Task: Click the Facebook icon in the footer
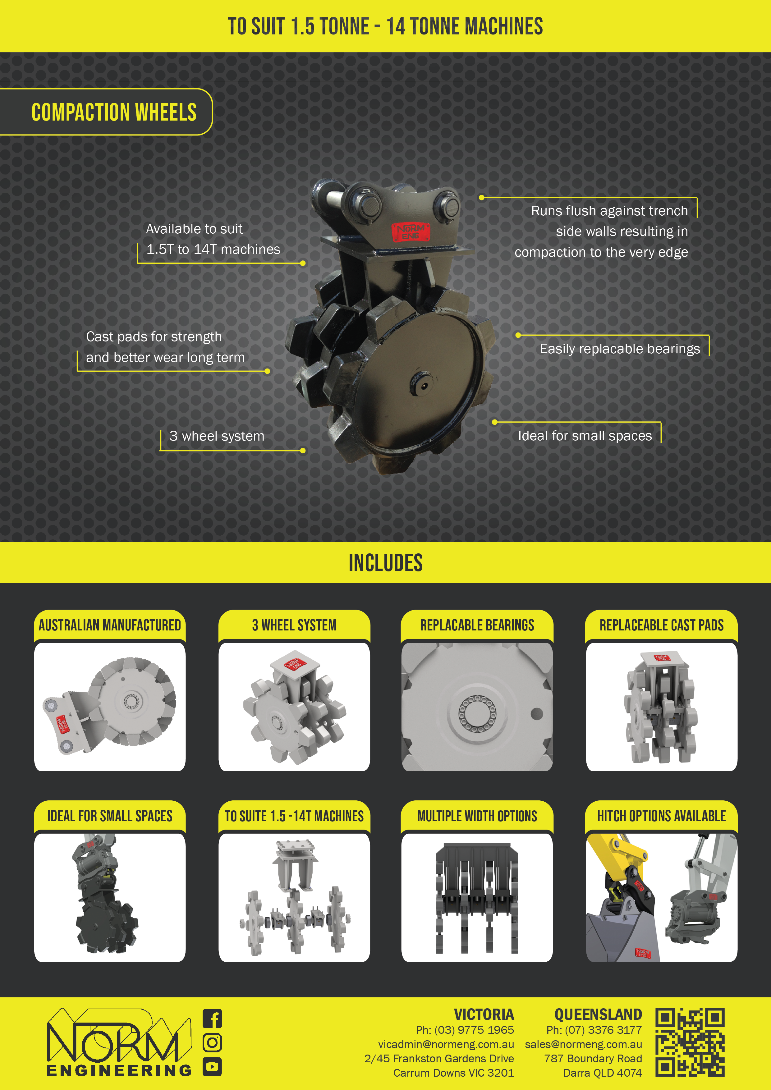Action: click(x=212, y=1019)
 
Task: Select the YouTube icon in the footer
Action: click(x=212, y=1067)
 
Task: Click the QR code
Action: click(x=690, y=1042)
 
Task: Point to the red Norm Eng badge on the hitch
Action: click(x=410, y=232)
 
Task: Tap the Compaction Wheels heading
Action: click(x=114, y=112)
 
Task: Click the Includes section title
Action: click(x=385, y=563)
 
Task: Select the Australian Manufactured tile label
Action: click(x=110, y=625)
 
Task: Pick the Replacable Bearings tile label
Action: click(x=477, y=625)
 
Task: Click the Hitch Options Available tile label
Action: click(x=661, y=816)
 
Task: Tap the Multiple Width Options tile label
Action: click(x=477, y=816)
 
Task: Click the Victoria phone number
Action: click(x=465, y=1030)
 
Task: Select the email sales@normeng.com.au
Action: click(x=584, y=1044)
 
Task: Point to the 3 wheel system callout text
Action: click(x=217, y=436)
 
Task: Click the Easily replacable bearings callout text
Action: click(x=620, y=349)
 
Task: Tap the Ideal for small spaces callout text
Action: click(x=585, y=436)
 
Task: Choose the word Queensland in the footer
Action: click(x=598, y=1014)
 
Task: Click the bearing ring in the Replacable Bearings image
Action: click(x=477, y=713)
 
